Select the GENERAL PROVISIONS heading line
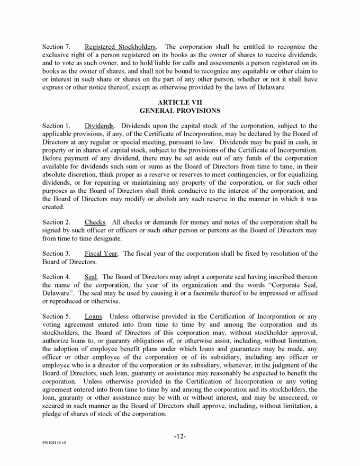coord(179,111)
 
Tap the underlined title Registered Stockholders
coord(117,47)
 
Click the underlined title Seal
coord(91,276)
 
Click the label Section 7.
coord(56,47)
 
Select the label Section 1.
coord(56,126)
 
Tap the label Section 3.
coord(56,253)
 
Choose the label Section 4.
coord(56,276)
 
